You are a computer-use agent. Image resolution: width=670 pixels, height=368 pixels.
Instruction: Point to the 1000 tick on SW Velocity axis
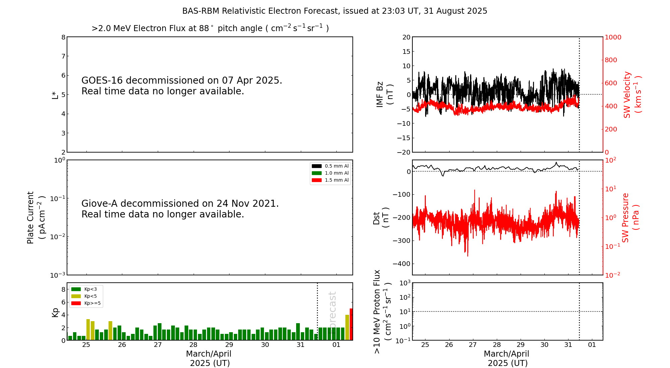[x=613, y=37]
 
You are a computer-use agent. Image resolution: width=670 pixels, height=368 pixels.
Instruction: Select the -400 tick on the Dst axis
[x=401, y=264]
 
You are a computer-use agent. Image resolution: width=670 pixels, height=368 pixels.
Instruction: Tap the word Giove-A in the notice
[x=99, y=204]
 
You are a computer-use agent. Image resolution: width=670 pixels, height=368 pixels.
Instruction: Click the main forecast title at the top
[x=335, y=11]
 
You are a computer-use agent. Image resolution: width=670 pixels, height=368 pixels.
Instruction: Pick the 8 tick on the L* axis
[x=63, y=37]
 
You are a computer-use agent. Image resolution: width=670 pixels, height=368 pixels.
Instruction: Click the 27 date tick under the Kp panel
[x=158, y=345]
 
